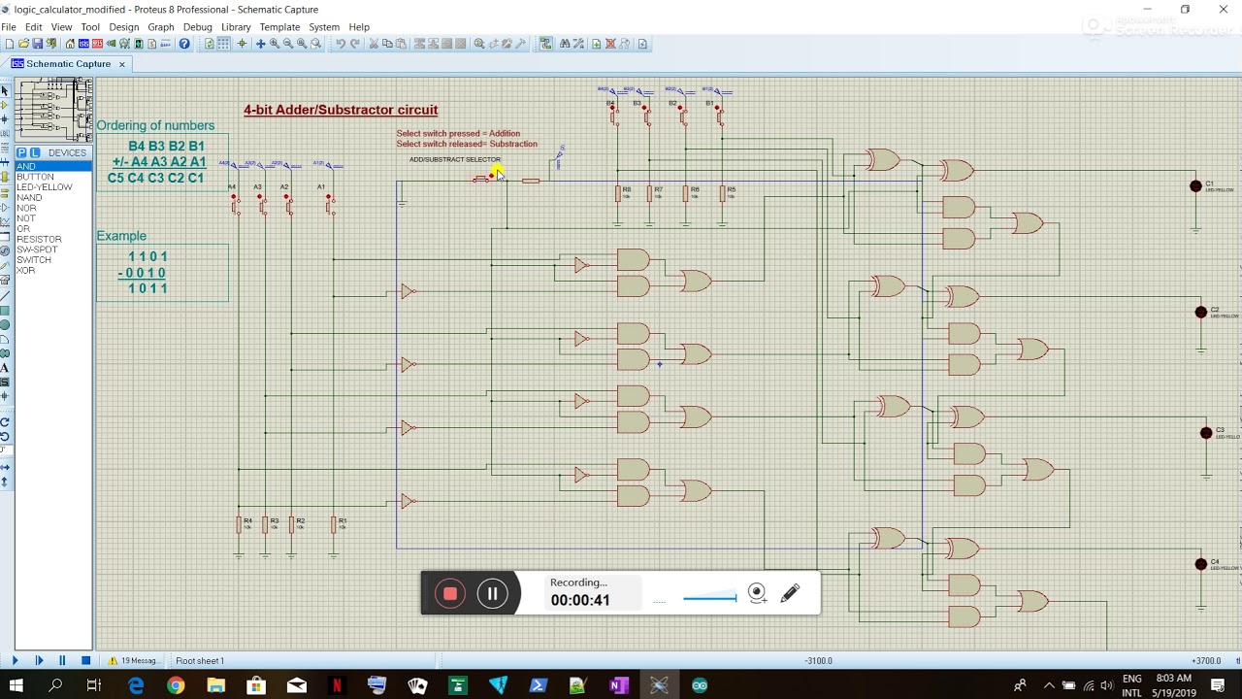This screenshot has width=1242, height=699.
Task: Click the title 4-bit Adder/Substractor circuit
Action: pos(341,110)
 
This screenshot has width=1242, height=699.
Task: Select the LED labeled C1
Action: pos(1195,186)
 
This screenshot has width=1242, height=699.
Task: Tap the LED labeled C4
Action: pos(1201,564)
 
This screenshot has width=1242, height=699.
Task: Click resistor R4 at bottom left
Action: pos(239,525)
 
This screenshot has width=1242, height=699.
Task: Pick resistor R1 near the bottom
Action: pos(334,525)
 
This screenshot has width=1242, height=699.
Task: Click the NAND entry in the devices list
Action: pos(29,198)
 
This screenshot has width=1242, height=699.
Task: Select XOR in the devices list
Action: pos(25,271)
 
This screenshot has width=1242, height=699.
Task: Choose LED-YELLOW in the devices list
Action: pos(44,187)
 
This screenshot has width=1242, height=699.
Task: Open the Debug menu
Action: pos(197,27)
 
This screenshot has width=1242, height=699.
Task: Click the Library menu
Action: pos(236,27)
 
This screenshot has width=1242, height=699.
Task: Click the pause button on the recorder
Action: pos(492,594)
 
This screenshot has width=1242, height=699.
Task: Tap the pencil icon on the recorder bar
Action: pos(790,593)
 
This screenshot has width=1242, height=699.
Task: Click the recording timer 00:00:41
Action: pos(580,600)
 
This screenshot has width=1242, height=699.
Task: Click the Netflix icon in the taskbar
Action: pos(337,686)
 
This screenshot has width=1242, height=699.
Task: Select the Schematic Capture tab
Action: pos(68,64)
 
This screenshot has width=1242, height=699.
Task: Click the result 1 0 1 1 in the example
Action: pos(147,288)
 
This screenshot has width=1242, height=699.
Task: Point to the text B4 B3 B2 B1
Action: pos(166,146)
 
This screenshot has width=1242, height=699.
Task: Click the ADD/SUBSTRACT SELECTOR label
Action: pos(454,159)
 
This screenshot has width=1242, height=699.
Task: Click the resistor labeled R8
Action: pos(618,194)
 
